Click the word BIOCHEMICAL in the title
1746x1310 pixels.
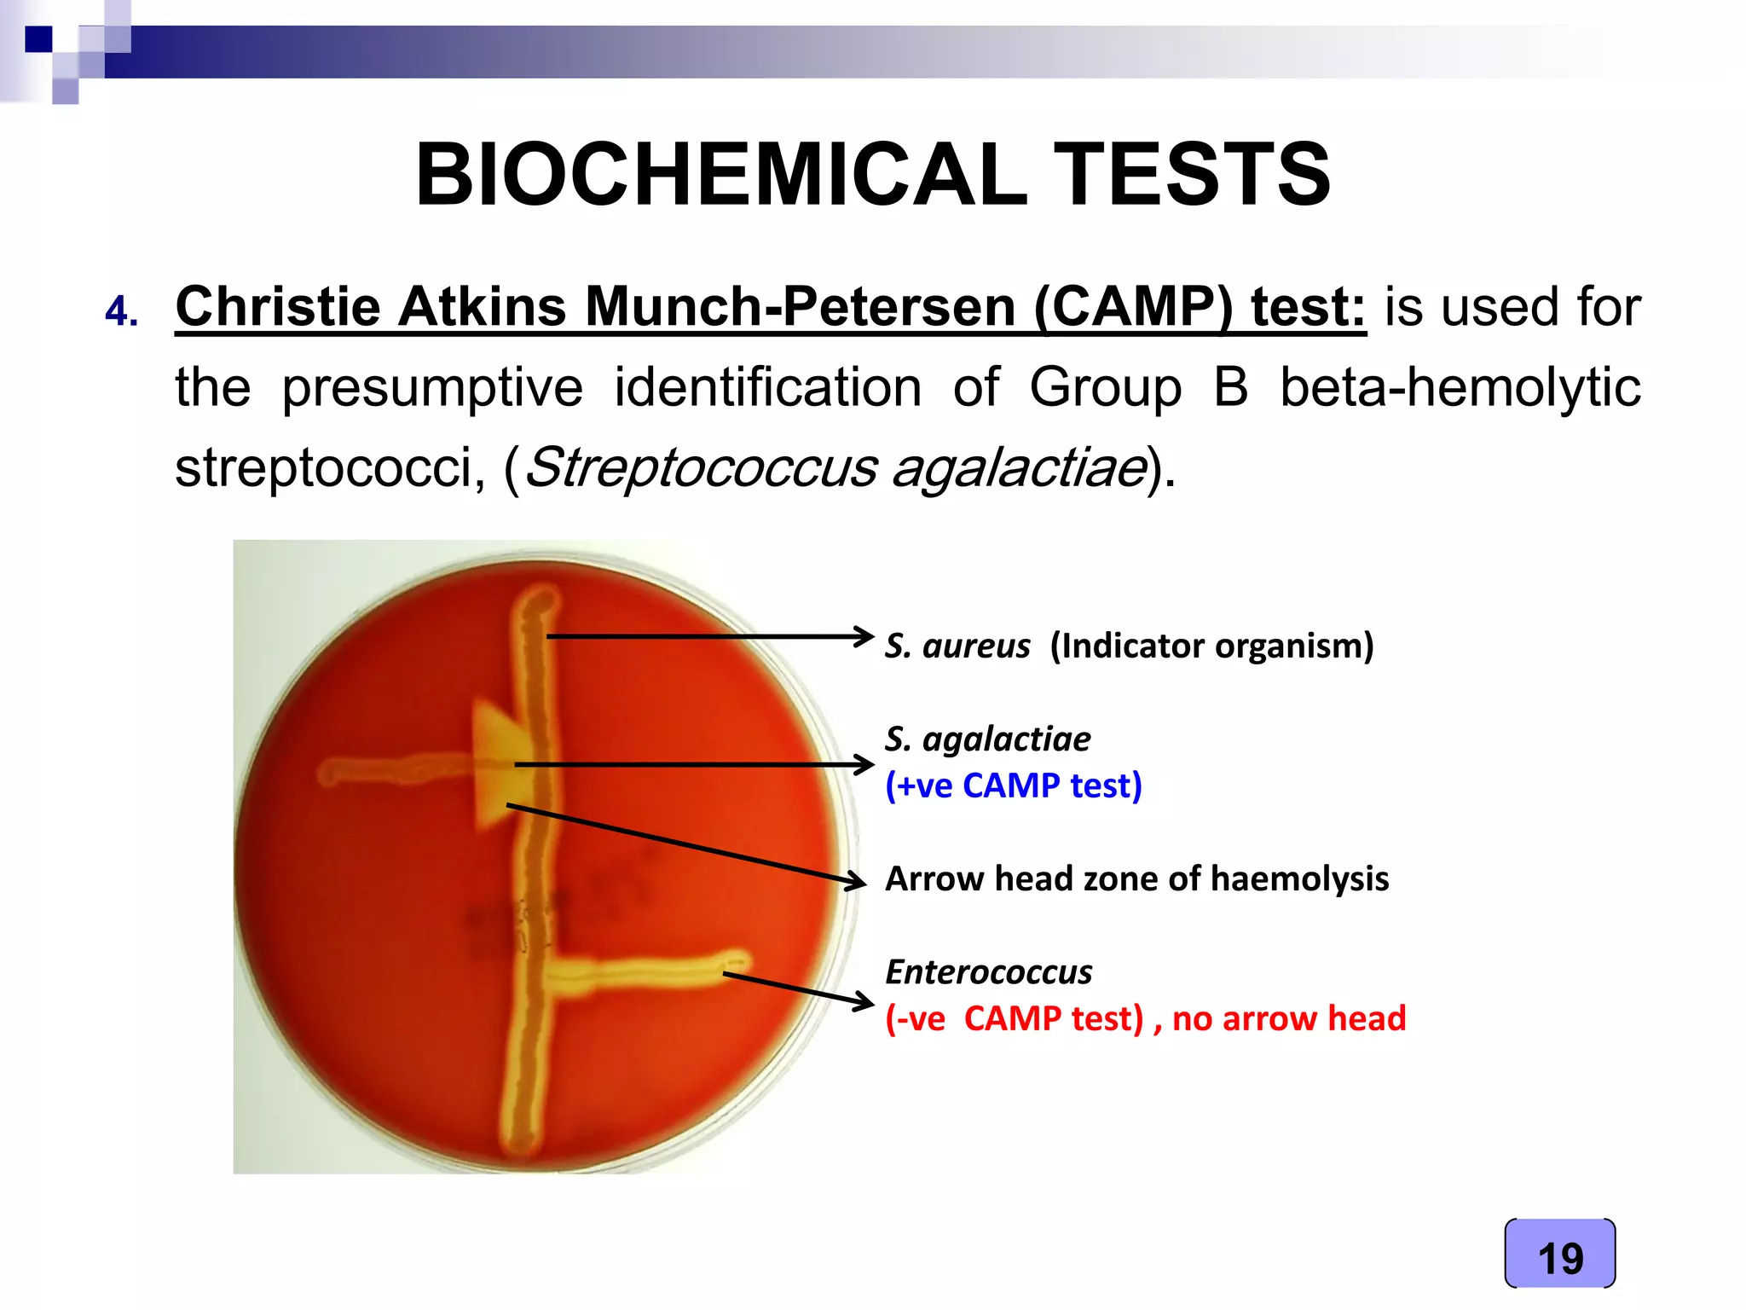coord(720,175)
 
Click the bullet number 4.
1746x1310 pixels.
coord(121,312)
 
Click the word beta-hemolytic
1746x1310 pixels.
coord(1460,388)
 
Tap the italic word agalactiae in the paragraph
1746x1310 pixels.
coord(1019,467)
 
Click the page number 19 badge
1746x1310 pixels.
coord(1559,1257)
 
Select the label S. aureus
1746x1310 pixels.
coord(957,646)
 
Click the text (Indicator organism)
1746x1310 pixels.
coord(1211,646)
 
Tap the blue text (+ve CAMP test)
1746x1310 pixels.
coord(1013,785)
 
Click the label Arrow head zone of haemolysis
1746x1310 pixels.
coord(1136,878)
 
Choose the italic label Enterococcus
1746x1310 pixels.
coord(988,971)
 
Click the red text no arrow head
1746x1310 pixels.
coord(1288,1018)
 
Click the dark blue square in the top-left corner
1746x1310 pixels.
coord(38,39)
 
